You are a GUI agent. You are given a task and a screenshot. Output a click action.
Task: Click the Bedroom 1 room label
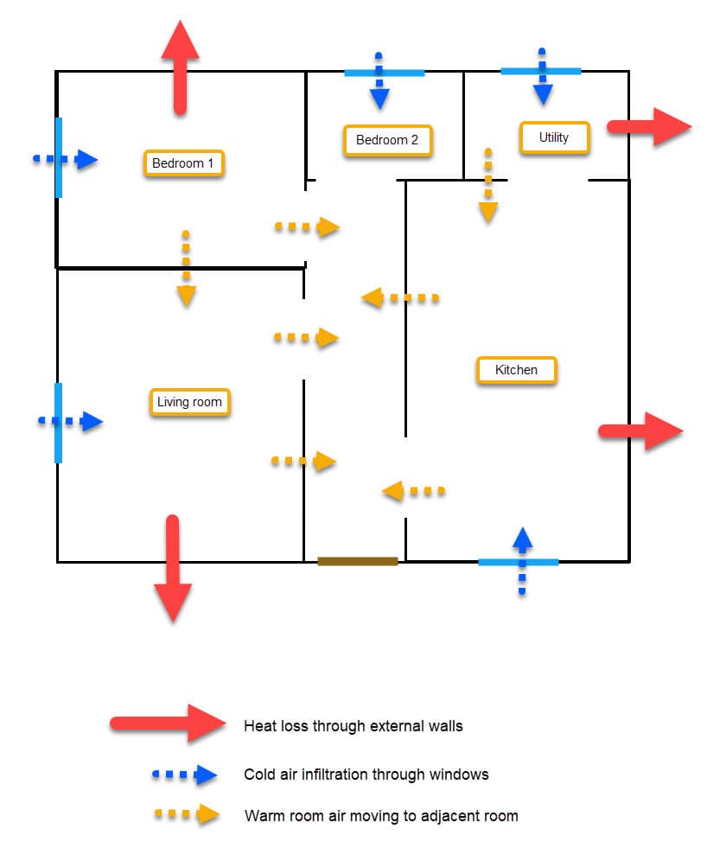click(x=183, y=163)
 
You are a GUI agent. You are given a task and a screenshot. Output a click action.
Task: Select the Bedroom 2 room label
click(x=387, y=140)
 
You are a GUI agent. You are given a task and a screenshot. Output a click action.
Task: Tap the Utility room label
click(x=554, y=137)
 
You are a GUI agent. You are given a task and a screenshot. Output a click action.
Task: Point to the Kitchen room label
click(x=516, y=370)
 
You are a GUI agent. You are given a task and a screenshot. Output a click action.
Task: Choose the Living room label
click(x=189, y=402)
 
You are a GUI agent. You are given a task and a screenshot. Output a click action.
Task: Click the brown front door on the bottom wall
click(x=358, y=561)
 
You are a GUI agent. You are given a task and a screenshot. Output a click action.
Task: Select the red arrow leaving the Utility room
click(x=649, y=127)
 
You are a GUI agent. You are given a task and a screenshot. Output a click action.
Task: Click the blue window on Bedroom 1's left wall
click(x=58, y=157)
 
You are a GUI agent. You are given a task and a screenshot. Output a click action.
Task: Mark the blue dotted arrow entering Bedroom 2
click(x=379, y=84)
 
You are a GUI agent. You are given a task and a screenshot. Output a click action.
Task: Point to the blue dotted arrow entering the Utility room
click(x=542, y=78)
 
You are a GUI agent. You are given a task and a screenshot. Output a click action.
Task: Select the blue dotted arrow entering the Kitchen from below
click(x=522, y=559)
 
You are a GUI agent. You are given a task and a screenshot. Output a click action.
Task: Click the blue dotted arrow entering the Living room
click(x=71, y=422)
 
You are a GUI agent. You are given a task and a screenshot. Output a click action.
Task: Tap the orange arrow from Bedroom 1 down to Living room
click(x=186, y=269)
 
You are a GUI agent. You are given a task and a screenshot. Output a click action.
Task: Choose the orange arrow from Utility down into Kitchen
click(x=488, y=186)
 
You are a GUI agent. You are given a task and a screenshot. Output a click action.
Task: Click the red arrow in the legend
click(x=168, y=724)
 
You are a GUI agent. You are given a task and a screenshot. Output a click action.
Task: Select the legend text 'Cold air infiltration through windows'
click(x=366, y=775)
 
